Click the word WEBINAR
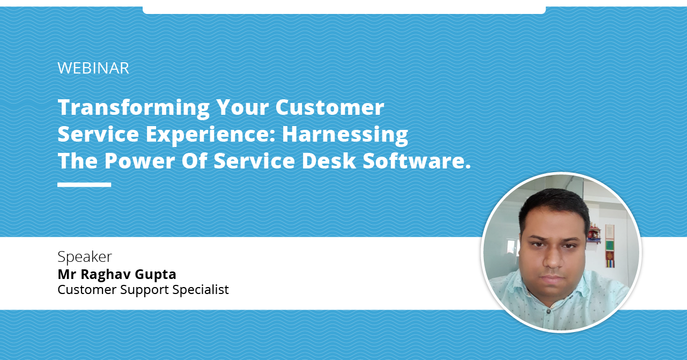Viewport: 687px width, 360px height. (x=93, y=68)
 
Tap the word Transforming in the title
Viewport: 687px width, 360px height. (x=134, y=108)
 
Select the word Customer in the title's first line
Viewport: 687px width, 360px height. (x=330, y=107)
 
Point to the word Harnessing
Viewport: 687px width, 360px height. (x=345, y=135)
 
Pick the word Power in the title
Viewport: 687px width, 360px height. (x=139, y=161)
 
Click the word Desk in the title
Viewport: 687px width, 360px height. (x=329, y=161)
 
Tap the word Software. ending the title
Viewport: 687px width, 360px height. (x=417, y=161)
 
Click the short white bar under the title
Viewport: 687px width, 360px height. (x=84, y=185)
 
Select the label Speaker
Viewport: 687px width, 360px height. (x=85, y=257)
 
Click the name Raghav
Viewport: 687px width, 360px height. (x=106, y=275)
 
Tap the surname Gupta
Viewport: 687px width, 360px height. (x=156, y=275)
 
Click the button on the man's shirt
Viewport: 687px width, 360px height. (x=549, y=311)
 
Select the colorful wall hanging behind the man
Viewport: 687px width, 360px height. (x=610, y=246)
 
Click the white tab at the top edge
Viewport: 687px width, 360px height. (x=344, y=7)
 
